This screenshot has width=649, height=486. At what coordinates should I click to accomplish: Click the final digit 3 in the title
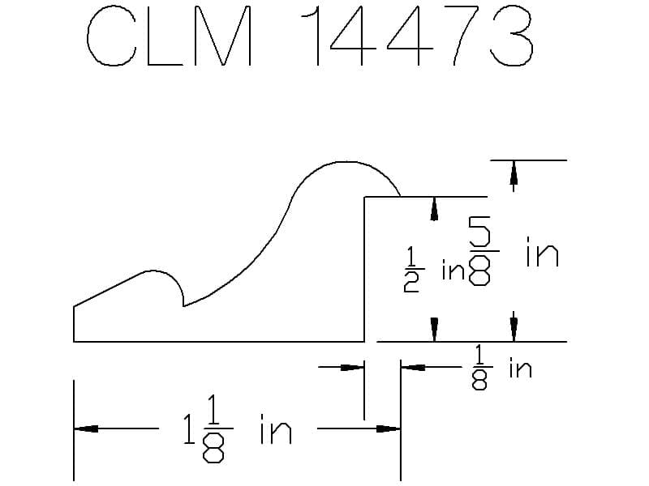click(512, 36)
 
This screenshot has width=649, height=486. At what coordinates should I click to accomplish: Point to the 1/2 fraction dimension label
click(410, 270)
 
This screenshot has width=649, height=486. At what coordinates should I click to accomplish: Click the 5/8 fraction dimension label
click(480, 251)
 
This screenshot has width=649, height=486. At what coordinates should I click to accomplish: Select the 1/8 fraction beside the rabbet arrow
click(479, 368)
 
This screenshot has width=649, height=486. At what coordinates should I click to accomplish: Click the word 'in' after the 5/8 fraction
click(543, 251)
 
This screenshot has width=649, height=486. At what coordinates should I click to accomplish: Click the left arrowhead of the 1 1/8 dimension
click(86, 429)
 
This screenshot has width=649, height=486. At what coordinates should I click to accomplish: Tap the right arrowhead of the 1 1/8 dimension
click(389, 429)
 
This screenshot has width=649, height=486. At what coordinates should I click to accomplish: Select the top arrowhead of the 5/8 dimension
click(514, 173)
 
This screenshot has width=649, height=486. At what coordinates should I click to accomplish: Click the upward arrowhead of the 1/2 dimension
click(434, 209)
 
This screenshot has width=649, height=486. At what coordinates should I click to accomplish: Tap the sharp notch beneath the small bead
click(184, 306)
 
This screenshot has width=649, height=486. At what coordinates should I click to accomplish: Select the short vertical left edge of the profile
click(74, 324)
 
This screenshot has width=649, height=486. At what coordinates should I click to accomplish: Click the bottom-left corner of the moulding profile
click(74, 342)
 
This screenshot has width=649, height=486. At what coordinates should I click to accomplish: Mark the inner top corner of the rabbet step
click(364, 197)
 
